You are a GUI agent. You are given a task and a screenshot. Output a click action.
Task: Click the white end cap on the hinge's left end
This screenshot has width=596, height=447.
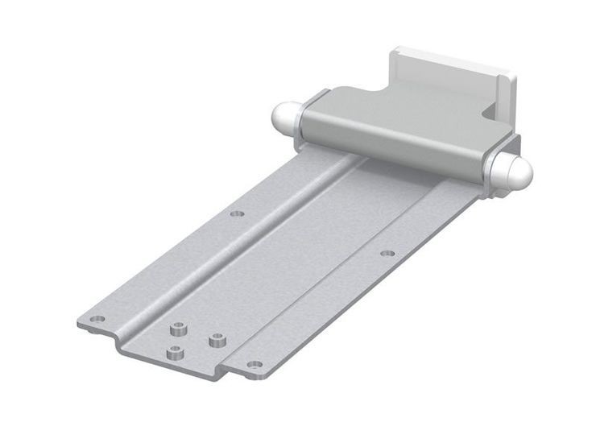pyautogui.click(x=284, y=118)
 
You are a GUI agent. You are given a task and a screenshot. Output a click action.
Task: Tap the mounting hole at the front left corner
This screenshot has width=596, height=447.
pyautogui.click(x=97, y=318)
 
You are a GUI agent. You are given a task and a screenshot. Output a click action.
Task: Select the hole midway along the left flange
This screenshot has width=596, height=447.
pyautogui.click(x=237, y=213)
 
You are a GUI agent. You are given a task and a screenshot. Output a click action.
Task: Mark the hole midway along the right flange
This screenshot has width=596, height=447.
pyautogui.click(x=387, y=253)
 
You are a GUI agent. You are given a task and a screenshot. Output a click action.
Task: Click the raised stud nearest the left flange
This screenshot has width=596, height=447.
pyautogui.click(x=176, y=328)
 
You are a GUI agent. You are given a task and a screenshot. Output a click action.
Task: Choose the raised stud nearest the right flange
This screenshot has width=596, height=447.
pyautogui.click(x=216, y=339)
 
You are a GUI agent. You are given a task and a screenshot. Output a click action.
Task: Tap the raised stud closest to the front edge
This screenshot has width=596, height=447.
pyautogui.click(x=174, y=352)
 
